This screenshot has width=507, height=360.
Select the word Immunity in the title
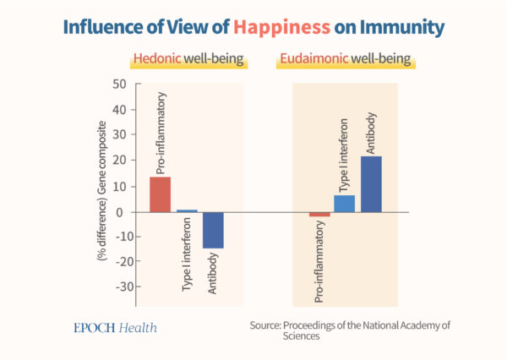(398, 28)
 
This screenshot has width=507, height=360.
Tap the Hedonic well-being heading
(188, 61)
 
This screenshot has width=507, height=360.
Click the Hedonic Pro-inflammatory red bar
(161, 194)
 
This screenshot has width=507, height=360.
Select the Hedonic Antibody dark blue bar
(213, 230)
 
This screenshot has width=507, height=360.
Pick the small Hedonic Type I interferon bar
(187, 210)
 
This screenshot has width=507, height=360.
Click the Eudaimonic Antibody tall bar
(371, 184)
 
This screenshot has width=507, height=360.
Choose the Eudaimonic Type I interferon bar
(345, 204)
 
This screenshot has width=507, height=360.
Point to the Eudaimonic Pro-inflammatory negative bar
(319, 215)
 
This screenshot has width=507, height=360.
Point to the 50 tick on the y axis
(119, 84)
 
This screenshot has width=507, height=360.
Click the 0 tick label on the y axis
(123, 212)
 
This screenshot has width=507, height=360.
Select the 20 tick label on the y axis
(119, 161)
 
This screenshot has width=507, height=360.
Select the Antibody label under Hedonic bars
(213, 272)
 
